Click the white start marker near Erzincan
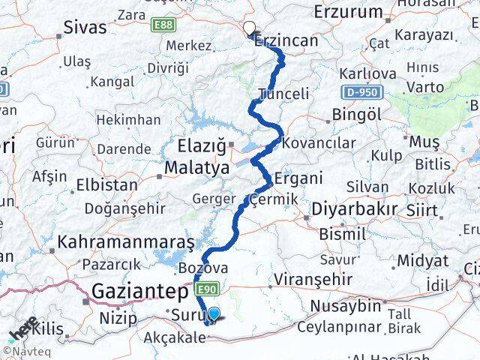coord(248,28)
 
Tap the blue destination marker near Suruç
coord(214,315)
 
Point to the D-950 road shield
coord(364,92)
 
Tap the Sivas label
coord(84,29)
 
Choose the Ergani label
coord(298,178)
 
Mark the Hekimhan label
coord(128,119)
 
